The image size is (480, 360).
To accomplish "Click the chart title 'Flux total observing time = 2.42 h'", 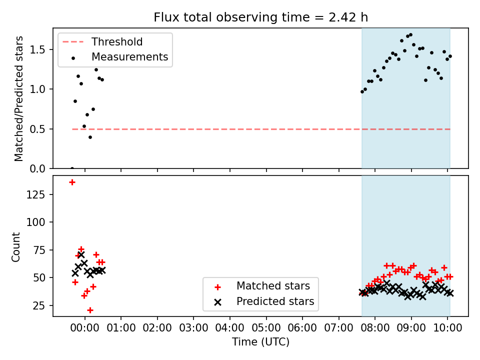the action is (x=260, y=17).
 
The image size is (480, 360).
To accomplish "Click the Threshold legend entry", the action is (x=102, y=41).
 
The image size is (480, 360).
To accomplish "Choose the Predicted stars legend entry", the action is (x=264, y=301).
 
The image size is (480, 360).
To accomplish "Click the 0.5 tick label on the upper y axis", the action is (x=37, y=129).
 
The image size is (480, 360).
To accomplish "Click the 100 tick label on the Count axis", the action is (x=36, y=222).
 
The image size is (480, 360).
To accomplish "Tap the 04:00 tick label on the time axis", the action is (x=230, y=328).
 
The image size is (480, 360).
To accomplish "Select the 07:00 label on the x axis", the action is (x=338, y=328).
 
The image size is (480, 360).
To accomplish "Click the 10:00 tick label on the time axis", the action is (x=447, y=328).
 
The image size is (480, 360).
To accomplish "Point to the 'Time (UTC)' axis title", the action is (x=260, y=341).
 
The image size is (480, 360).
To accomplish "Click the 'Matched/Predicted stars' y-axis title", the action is (x=18, y=98).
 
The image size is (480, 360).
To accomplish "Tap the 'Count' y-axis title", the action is (x=15, y=247).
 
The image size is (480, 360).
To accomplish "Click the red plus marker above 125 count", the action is (x=72, y=182).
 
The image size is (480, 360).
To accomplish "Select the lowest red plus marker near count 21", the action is (x=90, y=310).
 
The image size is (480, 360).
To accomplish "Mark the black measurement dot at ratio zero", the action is (x=72, y=168).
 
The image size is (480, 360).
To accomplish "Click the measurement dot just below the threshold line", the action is (x=90, y=137).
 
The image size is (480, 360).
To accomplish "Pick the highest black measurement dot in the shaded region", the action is (x=411, y=35).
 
